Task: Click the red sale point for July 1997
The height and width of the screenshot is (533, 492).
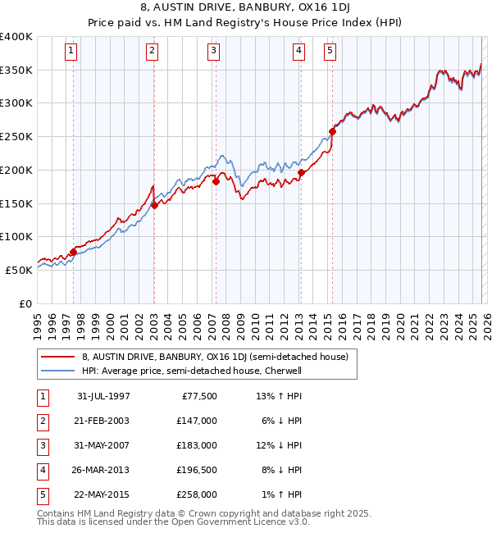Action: [x=73, y=252]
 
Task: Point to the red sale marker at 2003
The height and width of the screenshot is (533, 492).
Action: [x=154, y=206]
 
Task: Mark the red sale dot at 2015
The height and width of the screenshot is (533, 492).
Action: [x=332, y=131]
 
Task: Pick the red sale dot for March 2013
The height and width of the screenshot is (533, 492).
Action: [x=301, y=172]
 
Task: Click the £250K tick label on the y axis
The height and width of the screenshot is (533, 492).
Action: [x=16, y=137]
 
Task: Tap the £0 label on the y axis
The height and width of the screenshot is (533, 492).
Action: [x=25, y=303]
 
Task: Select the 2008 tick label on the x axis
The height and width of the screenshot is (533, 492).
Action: [x=226, y=325]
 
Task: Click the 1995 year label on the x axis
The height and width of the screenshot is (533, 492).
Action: [x=38, y=325]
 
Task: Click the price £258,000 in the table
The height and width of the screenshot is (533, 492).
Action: [x=198, y=494]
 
